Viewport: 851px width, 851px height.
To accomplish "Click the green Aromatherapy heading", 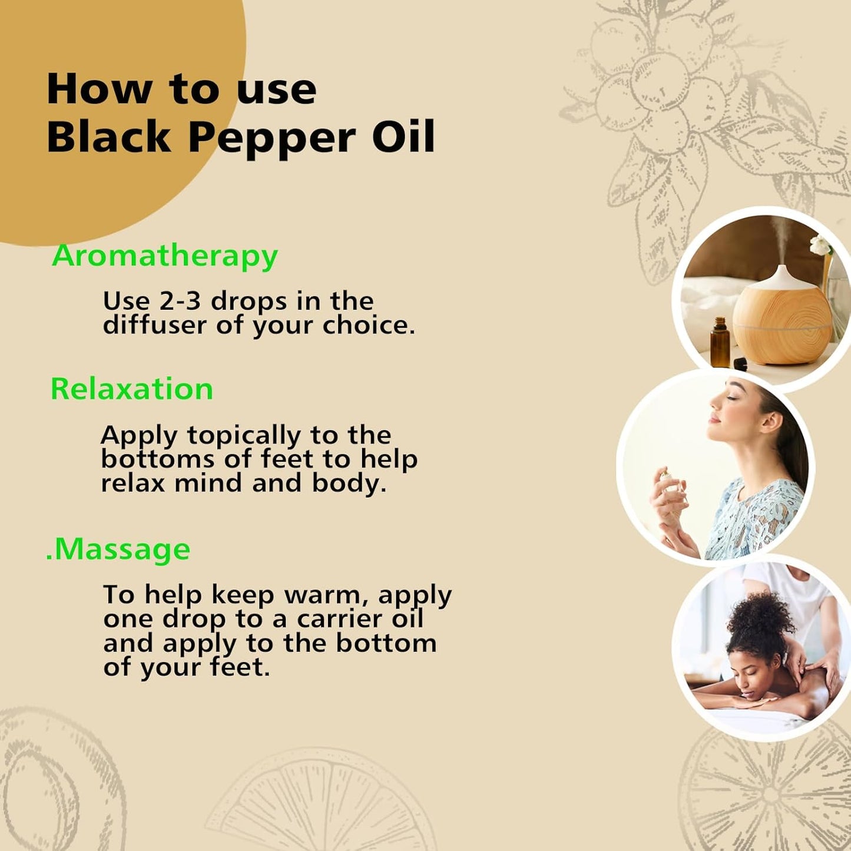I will [x=165, y=256].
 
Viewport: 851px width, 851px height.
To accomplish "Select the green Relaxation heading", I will [x=132, y=389].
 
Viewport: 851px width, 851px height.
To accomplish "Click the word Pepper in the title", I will [x=271, y=138].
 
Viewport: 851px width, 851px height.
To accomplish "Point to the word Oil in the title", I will [x=403, y=137].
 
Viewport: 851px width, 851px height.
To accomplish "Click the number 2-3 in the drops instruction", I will [x=180, y=301].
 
